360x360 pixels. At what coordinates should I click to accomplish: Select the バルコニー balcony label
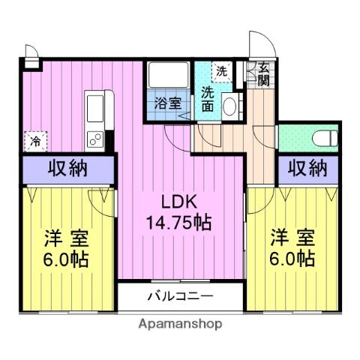[x=179, y=296]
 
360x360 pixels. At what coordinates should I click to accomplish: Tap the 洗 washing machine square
[x=221, y=72]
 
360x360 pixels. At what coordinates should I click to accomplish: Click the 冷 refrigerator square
[x=35, y=140]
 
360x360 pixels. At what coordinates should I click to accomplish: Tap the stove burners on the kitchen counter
[x=96, y=139]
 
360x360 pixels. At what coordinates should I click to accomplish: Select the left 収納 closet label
[x=68, y=168]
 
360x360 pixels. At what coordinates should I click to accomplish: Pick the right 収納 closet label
[x=307, y=168]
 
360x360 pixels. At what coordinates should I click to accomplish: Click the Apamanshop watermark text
[x=179, y=325]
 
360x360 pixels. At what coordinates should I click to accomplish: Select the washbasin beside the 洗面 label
[x=230, y=105]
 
